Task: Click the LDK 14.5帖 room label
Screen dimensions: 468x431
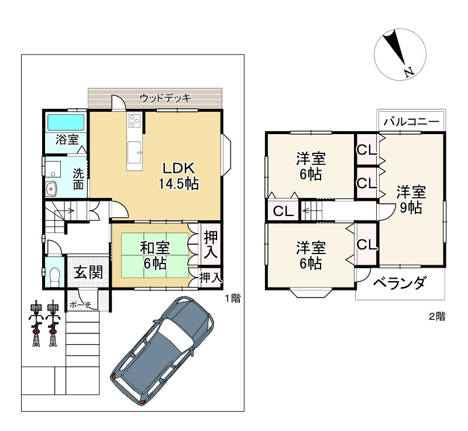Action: [178, 176]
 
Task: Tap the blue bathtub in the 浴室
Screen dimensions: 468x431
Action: [66, 122]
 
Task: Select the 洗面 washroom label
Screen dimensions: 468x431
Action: [78, 179]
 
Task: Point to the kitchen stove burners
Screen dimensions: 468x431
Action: [134, 121]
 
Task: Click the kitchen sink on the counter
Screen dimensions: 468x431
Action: [135, 152]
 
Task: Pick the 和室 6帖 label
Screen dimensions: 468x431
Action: [155, 256]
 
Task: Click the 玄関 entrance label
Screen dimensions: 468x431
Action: [88, 272]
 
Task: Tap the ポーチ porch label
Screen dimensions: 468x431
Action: [80, 305]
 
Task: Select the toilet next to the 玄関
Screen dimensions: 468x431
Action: [54, 277]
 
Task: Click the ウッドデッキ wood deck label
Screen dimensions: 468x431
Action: [166, 98]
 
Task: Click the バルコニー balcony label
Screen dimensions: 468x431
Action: [411, 122]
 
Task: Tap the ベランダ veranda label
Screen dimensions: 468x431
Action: [399, 283]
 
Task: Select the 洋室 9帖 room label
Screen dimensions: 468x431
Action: [411, 200]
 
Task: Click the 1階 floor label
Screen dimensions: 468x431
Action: [232, 299]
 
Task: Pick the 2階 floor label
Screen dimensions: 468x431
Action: [437, 316]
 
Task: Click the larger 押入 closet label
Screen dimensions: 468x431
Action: [211, 245]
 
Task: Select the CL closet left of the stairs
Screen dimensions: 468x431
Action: [283, 211]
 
